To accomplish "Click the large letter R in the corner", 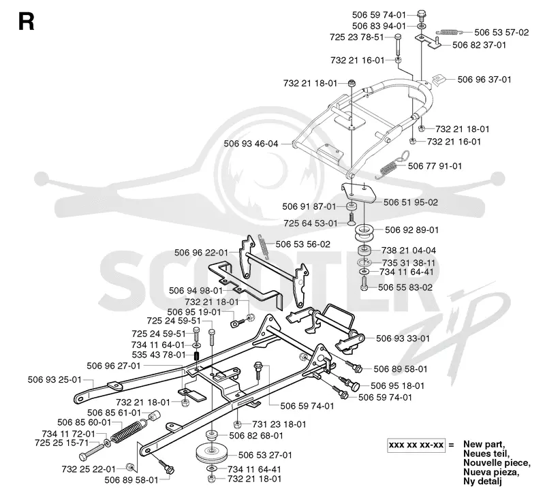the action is pyautogui.click(x=27, y=22).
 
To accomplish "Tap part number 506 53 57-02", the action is pyautogui.click(x=501, y=32).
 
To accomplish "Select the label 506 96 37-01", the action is pyautogui.click(x=484, y=80).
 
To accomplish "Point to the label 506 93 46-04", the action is pyautogui.click(x=251, y=144).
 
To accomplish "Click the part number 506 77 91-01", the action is pyautogui.click(x=435, y=166).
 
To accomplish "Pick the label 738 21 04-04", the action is pyautogui.click(x=408, y=251).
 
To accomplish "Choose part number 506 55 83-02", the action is pyautogui.click(x=405, y=287).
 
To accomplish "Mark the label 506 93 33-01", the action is pyautogui.click(x=403, y=338).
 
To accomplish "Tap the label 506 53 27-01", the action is pyautogui.click(x=265, y=455).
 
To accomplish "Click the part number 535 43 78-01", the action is pyautogui.click(x=159, y=355).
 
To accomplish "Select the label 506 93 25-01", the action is pyautogui.click(x=54, y=380).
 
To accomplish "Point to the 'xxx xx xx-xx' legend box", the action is pyautogui.click(x=416, y=445).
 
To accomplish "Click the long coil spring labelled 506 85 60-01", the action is pyautogui.click(x=128, y=431).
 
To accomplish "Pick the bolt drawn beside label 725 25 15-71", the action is pyautogui.click(x=92, y=451).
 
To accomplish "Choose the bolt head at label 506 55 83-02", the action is pyautogui.click(x=364, y=287).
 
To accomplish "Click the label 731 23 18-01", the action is pyautogui.click(x=279, y=424).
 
